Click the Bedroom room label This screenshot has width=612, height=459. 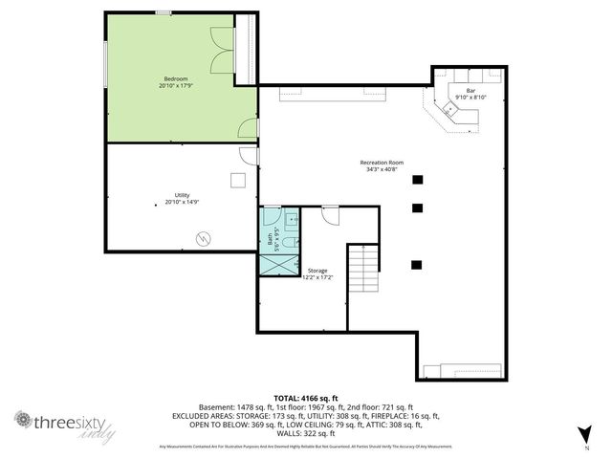[x=176, y=77]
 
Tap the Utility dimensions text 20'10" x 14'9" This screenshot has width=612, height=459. [x=182, y=202]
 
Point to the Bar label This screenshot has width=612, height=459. [x=470, y=90]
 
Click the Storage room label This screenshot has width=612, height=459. [x=317, y=271]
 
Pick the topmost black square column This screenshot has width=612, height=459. [x=417, y=179]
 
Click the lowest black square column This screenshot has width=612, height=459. [x=416, y=264]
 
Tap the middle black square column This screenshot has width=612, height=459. [x=416, y=208]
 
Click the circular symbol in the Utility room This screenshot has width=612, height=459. [x=203, y=238]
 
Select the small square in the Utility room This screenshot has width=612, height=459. [x=236, y=179]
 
